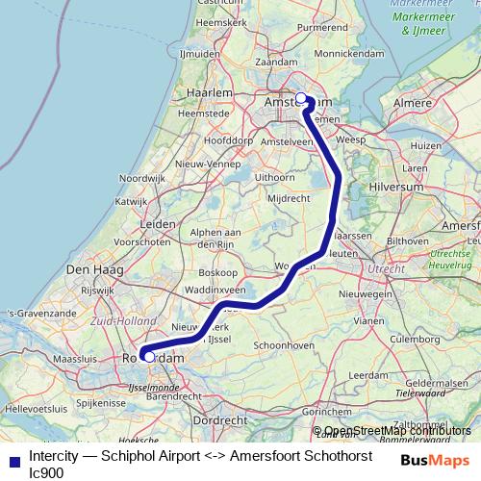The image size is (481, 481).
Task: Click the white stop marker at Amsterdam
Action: [301, 97]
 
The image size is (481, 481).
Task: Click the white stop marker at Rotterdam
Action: [148, 357]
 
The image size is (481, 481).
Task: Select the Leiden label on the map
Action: [158, 223]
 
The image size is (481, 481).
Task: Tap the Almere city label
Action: [415, 100]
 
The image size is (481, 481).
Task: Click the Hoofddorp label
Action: [227, 139]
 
